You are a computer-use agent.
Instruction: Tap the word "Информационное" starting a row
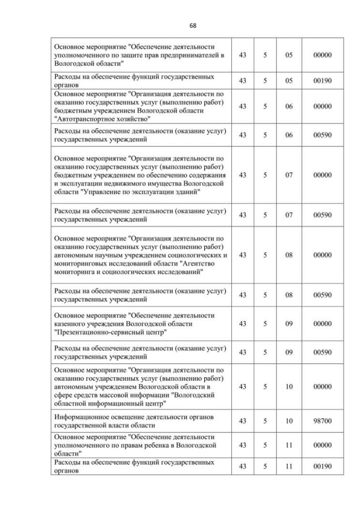pyautogui.click(x=81, y=418)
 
